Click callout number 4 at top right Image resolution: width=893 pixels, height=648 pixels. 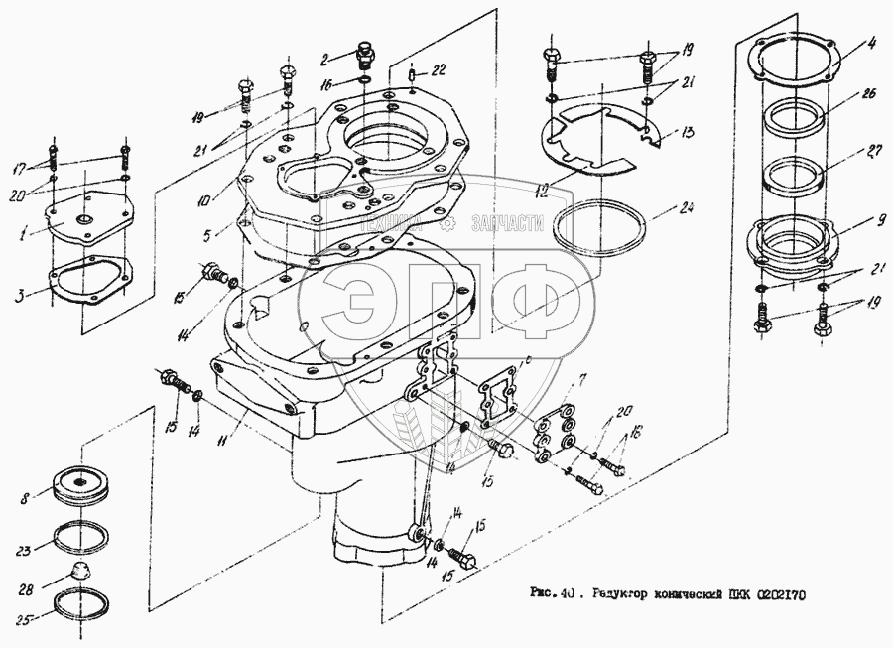coord(870,43)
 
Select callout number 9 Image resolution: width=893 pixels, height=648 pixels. coord(869,220)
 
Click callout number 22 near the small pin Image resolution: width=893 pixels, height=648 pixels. coord(439,68)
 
